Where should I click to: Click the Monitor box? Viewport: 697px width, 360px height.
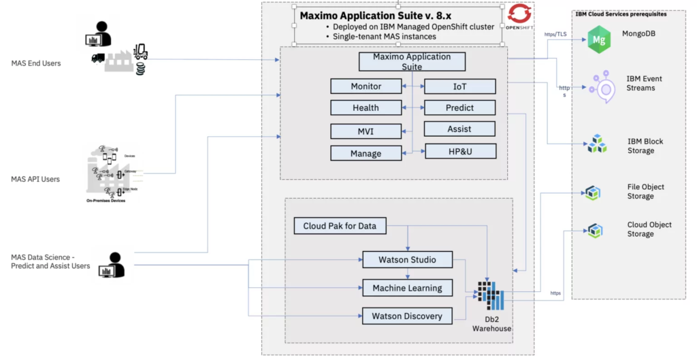click(366, 86)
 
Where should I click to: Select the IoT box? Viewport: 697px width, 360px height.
click(459, 86)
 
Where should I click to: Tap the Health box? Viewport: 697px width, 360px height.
click(366, 108)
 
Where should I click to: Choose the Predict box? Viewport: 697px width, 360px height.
click(459, 108)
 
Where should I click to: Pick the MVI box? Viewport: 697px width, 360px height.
click(366, 131)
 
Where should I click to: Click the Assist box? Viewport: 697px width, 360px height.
click(459, 129)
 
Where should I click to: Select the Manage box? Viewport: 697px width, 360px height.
click(366, 153)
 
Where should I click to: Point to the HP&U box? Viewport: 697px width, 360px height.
click(459, 151)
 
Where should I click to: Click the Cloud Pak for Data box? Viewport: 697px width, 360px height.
click(340, 226)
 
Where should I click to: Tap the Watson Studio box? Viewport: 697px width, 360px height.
click(408, 259)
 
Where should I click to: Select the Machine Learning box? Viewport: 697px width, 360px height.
click(407, 288)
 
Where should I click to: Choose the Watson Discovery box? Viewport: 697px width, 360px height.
click(407, 316)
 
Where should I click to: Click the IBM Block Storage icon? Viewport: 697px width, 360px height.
click(598, 144)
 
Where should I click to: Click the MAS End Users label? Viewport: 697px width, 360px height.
click(35, 63)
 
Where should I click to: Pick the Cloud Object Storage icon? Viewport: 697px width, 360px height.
click(596, 229)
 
